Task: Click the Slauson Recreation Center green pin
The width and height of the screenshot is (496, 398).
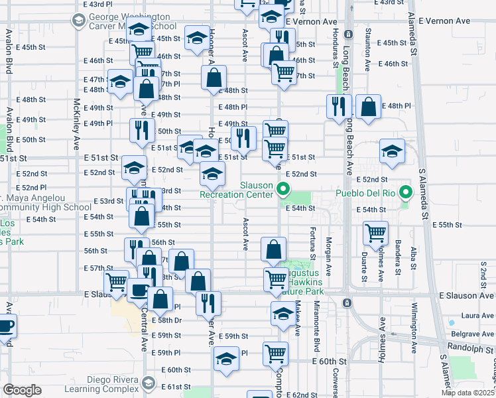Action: [283, 190]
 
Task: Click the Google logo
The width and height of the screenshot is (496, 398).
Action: [22, 390]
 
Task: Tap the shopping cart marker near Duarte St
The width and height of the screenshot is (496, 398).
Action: [376, 233]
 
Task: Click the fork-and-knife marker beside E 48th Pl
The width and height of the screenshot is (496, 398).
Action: [339, 106]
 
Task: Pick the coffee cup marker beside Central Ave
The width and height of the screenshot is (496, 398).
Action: [139, 290]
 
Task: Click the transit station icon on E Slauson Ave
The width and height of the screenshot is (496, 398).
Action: [346, 303]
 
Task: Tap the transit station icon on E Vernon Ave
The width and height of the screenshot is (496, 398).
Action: [347, 31]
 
